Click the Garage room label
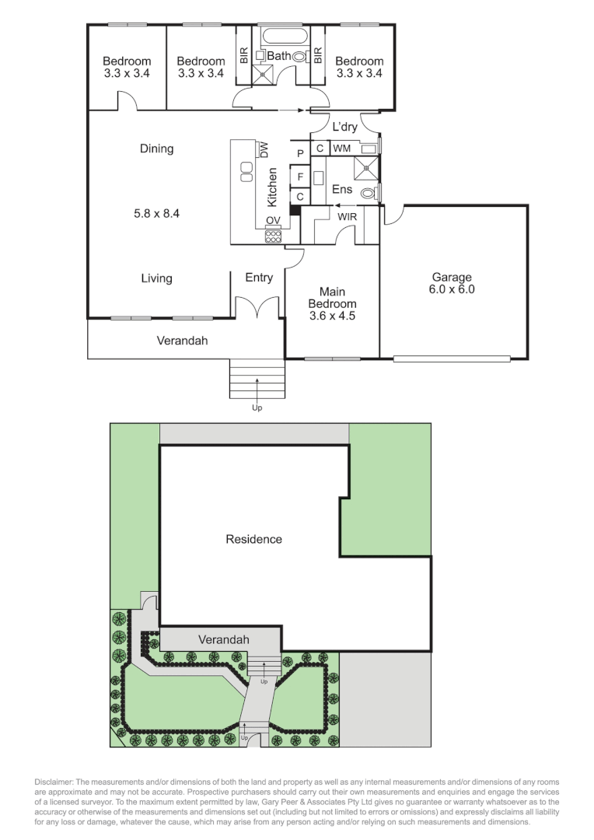coord(452,277)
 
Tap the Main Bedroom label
coord(332,298)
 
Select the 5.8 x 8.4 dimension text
coord(157,212)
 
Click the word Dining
coord(157,149)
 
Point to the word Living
coord(157,278)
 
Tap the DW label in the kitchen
coord(264,149)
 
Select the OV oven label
coord(273,220)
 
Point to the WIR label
coord(347,216)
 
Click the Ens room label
coord(342,189)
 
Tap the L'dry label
coord(344,127)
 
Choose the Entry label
coord(259,278)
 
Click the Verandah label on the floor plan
coord(183,341)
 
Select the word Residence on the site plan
coord(253,538)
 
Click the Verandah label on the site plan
coord(224,639)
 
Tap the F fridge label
coord(299,177)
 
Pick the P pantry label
coord(299,154)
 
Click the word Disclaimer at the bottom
coord(55,781)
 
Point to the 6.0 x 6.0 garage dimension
coord(452,289)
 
